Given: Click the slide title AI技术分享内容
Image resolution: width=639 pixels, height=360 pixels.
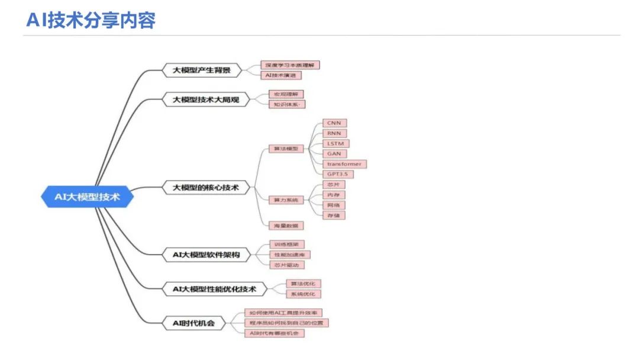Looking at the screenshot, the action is point(91,20).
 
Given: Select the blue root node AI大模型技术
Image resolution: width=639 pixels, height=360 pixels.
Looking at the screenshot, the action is point(87,197).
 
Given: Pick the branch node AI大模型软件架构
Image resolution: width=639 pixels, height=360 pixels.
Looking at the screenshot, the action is point(206,255).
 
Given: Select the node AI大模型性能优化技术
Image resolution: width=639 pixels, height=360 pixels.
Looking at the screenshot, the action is point(214,289).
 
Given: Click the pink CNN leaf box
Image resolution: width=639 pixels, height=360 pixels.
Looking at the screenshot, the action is point(334,123).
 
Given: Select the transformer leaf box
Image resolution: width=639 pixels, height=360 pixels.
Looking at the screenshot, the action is point(344,164).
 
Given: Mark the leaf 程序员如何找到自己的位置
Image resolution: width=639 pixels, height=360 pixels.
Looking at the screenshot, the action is point(286,323).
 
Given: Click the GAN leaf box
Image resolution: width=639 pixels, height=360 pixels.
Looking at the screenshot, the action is point(334,154).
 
